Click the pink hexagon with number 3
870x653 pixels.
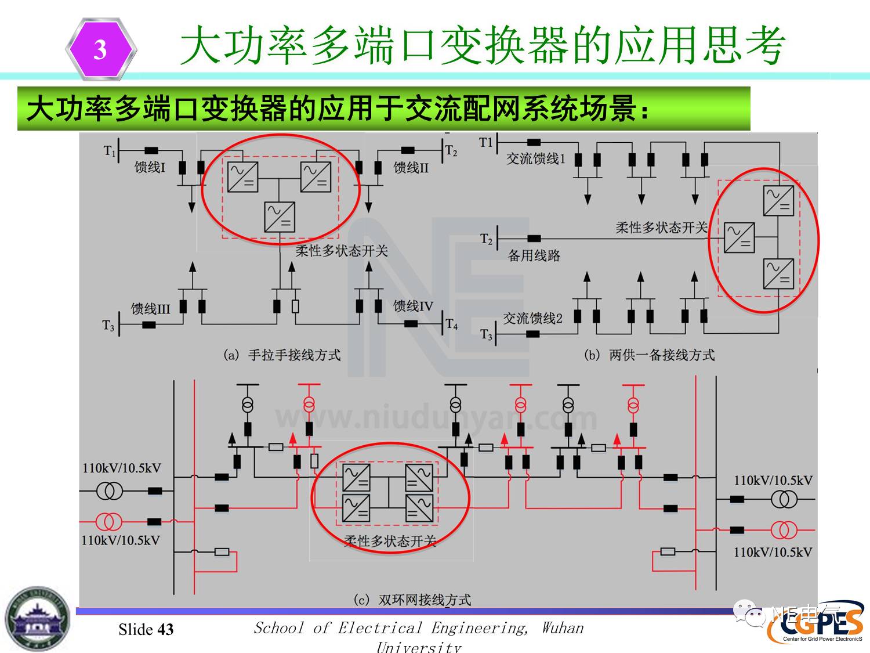(101, 49)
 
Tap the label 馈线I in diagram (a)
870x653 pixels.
(150, 167)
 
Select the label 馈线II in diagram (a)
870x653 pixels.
(411, 168)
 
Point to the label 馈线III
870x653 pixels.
(150, 308)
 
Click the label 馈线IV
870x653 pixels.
(413, 306)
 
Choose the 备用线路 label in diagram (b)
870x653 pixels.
(534, 255)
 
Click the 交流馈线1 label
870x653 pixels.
(535, 158)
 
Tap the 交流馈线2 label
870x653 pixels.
(532, 318)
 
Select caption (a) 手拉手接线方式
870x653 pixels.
(282, 355)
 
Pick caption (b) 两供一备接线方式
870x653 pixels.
(649, 355)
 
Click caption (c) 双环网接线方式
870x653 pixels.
(412, 599)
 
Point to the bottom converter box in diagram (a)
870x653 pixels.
(279, 217)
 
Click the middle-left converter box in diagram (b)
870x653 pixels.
(739, 237)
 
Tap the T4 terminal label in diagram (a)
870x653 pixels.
(452, 324)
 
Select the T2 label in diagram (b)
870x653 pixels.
(486, 239)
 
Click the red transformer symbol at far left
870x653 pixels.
(108, 522)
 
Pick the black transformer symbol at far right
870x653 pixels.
(784, 499)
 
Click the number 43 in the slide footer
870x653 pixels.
(165, 629)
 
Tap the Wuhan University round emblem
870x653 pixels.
(37, 619)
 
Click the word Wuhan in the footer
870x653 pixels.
(563, 627)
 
